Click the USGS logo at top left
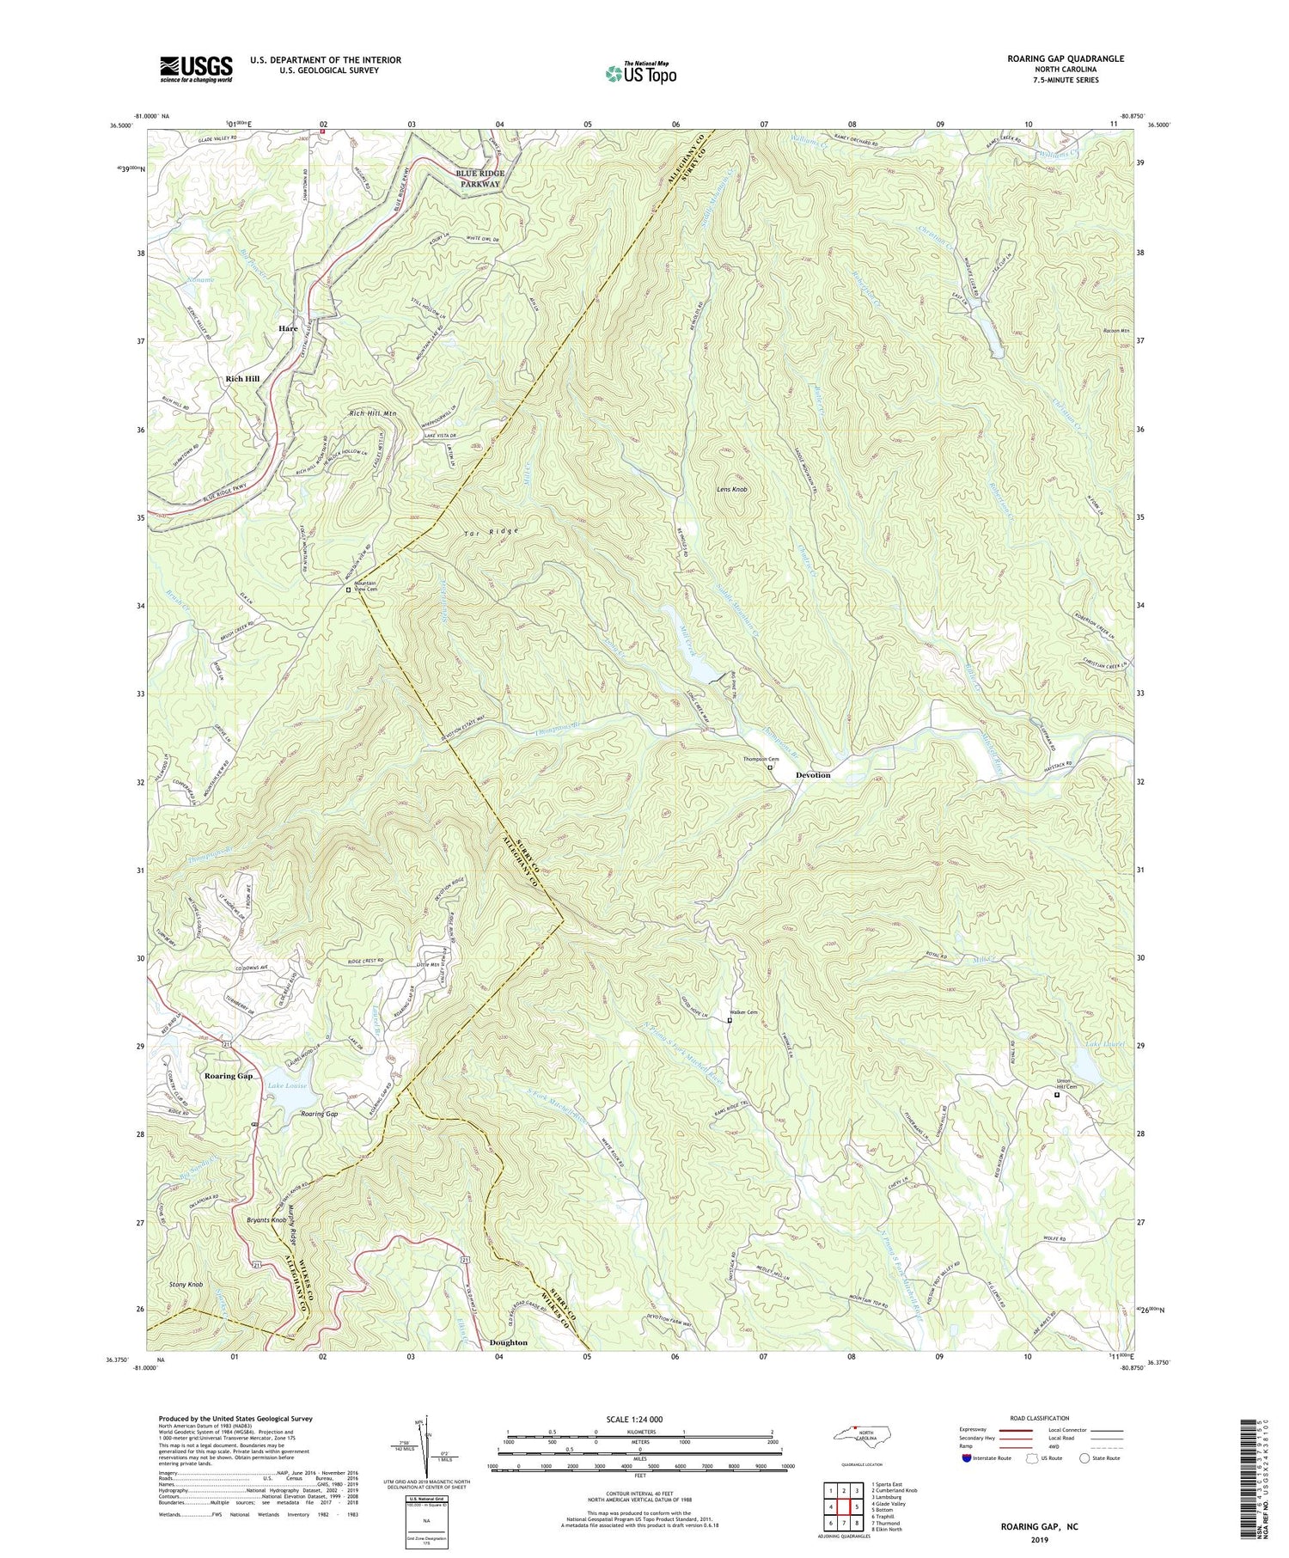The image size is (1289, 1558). point(195,69)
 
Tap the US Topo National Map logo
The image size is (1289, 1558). point(640,73)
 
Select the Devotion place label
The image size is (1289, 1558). point(813,775)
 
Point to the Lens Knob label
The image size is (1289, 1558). point(732,489)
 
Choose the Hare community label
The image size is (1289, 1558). point(288,328)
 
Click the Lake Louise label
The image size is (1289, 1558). point(287,1086)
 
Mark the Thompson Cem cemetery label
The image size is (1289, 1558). point(761,759)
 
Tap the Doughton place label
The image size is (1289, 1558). point(509,1342)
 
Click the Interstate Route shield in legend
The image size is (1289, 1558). point(968,1458)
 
